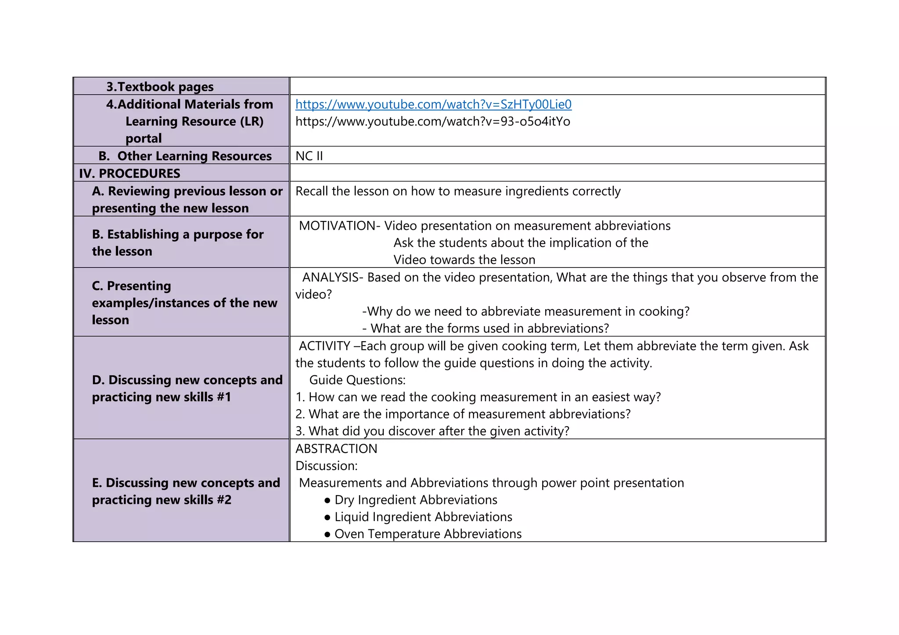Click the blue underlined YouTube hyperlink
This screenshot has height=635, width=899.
click(x=433, y=104)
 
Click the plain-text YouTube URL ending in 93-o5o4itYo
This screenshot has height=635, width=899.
click(x=432, y=121)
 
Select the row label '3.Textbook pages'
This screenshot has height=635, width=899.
click(x=160, y=87)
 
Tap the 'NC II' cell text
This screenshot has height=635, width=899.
click(x=309, y=156)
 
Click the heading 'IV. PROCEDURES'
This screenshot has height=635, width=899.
click(x=129, y=174)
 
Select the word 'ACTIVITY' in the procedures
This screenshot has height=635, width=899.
click(x=324, y=346)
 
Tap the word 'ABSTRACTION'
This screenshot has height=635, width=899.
click(x=336, y=449)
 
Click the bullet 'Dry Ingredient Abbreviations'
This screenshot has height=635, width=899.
click(x=416, y=500)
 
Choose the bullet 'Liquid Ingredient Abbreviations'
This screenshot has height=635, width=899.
click(x=423, y=517)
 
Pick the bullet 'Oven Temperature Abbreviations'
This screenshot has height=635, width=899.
click(x=428, y=535)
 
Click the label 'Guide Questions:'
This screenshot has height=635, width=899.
click(x=357, y=380)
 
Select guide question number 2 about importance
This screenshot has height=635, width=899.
click(x=463, y=414)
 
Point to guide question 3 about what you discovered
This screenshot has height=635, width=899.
click(x=432, y=432)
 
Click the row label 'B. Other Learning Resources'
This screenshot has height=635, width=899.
click(x=185, y=156)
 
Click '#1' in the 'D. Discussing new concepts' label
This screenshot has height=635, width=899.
click(x=223, y=397)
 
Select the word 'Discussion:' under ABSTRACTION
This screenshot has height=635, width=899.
click(x=326, y=466)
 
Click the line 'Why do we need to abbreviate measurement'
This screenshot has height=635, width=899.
click(x=525, y=312)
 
